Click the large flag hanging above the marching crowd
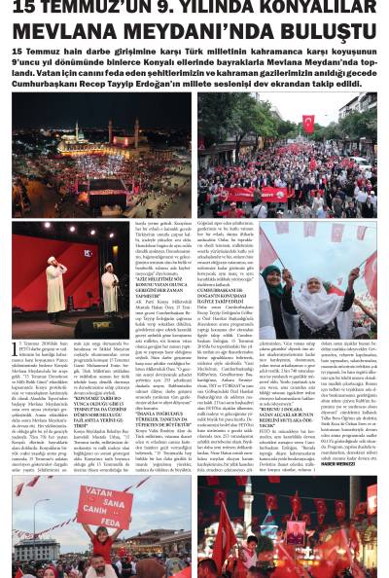[x=308, y=123]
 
